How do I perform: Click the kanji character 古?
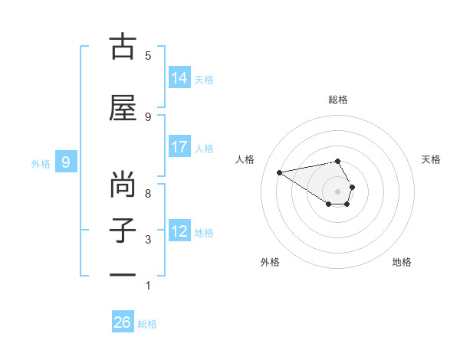click(x=123, y=47)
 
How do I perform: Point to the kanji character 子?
click(x=123, y=231)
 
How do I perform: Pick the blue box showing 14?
click(x=179, y=77)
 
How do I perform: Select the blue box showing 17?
click(x=179, y=147)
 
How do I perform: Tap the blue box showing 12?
click(x=179, y=231)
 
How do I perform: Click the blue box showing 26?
click(x=123, y=322)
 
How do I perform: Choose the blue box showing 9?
click(x=66, y=162)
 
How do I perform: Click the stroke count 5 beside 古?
click(x=148, y=55)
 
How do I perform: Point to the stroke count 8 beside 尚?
click(x=148, y=193)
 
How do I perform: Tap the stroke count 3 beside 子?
click(x=148, y=240)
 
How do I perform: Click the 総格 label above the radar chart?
click(x=338, y=100)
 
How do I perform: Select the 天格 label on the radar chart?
click(x=431, y=159)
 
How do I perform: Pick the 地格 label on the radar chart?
click(x=402, y=262)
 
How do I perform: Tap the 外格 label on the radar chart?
click(x=270, y=262)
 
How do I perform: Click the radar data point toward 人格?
click(x=280, y=172)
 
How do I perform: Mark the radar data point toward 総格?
click(x=338, y=161)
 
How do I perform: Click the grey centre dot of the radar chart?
click(x=338, y=191)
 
